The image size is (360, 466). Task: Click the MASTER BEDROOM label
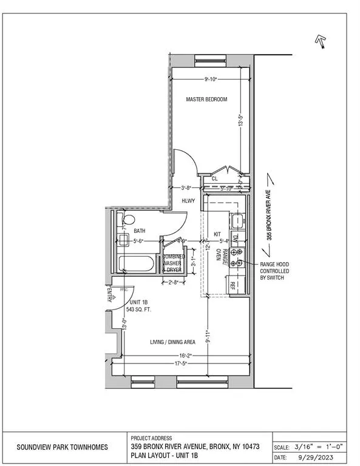(x=206, y=100)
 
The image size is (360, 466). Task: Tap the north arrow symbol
(x=319, y=41)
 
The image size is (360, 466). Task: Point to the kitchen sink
(x=237, y=220)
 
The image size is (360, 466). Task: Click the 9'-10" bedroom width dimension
(x=211, y=78)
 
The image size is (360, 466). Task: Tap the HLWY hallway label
(x=188, y=199)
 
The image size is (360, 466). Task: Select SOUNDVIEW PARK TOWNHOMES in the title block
(x=62, y=447)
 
